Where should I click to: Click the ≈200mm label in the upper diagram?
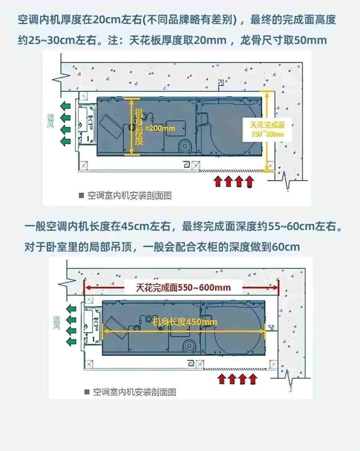click(160, 128)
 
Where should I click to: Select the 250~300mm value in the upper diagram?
click(267, 134)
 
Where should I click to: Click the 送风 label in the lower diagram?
click(57, 323)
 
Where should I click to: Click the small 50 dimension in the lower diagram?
click(272, 328)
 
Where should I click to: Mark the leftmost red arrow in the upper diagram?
click(218, 181)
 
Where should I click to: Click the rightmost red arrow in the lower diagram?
click(252, 379)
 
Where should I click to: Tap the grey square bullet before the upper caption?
click(81, 196)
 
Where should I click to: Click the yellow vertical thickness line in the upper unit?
click(131, 126)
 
